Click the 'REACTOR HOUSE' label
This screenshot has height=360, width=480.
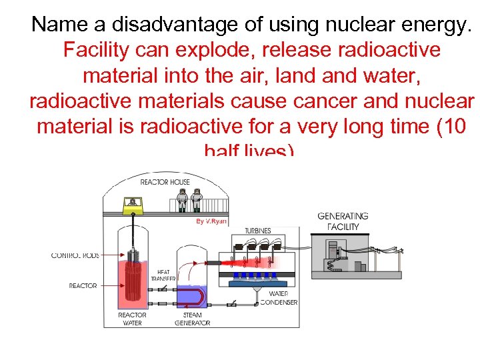pos(165,182)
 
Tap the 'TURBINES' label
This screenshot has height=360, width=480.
pos(257,231)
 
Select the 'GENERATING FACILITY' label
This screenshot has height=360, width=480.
pos(343,221)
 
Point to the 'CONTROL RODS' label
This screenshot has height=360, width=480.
pos(75,255)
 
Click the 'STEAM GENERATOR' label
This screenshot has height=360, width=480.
pos(192,319)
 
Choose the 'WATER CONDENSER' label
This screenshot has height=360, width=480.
pos(283,298)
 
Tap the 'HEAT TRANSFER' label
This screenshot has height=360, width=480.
pos(163,275)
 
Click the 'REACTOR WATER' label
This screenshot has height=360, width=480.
pos(132,319)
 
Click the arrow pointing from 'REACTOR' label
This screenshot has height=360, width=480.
pos(111,286)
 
